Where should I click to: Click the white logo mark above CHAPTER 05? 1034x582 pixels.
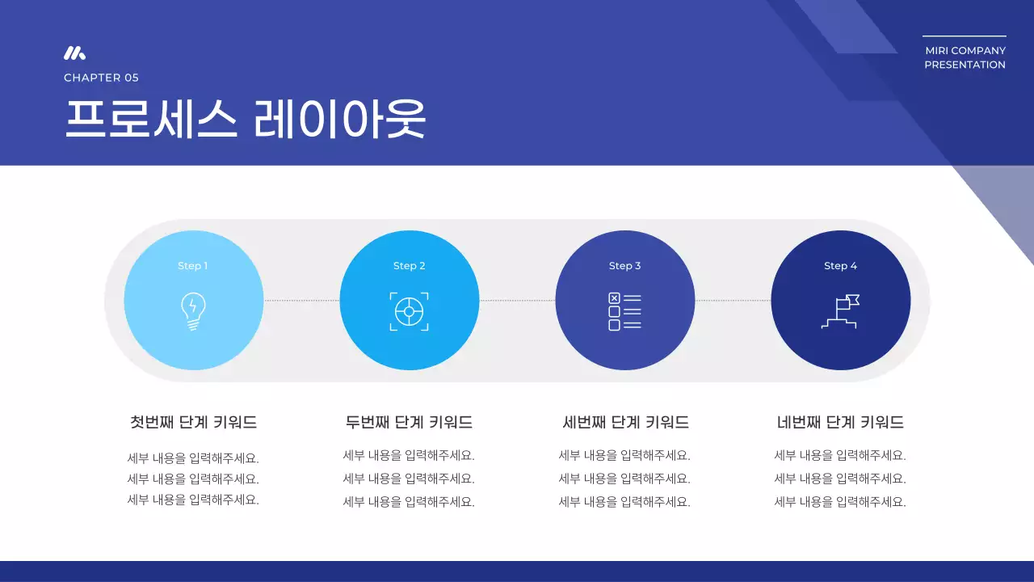pos(74,53)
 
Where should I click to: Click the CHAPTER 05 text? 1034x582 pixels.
pos(101,78)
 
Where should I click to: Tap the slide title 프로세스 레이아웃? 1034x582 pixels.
pos(245,120)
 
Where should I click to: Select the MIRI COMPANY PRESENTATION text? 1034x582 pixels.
pos(965,57)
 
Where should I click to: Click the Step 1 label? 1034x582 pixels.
pos(193,266)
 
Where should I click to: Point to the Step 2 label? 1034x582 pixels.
pos(409,266)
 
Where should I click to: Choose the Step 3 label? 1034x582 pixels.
pos(624,266)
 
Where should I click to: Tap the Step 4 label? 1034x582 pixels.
pos(840,266)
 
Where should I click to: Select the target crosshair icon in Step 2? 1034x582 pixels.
pos(409,311)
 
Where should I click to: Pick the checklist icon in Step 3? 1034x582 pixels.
pos(624,311)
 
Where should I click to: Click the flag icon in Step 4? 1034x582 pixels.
pos(841,311)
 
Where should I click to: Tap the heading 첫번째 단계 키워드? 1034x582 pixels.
pos(193,422)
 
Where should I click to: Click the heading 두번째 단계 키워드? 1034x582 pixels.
pos(409,422)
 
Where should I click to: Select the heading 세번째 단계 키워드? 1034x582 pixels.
pos(625,422)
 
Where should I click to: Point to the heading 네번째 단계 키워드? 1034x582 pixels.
pos(840,422)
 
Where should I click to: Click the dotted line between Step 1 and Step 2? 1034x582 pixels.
pos(301,301)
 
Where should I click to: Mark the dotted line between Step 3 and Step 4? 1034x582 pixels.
pos(733,301)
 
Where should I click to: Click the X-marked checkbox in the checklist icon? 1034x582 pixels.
pos(614,298)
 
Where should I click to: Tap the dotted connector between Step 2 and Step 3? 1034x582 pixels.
pos(517,301)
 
